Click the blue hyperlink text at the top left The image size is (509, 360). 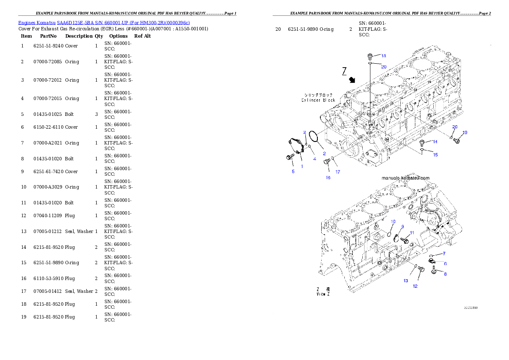(x=104, y=22)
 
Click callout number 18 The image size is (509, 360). (x=383, y=56)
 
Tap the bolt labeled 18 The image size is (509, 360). (x=370, y=56)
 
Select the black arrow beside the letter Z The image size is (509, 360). (x=352, y=80)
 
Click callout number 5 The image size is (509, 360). (x=293, y=171)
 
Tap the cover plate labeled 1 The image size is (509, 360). (x=295, y=147)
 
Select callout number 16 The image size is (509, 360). (x=328, y=177)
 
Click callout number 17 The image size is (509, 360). (x=338, y=172)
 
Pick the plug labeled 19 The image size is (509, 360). (x=456, y=140)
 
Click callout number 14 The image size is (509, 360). (x=435, y=142)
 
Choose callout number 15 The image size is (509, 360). (x=435, y=154)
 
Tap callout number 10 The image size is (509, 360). (x=393, y=221)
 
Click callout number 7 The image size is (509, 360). (x=444, y=254)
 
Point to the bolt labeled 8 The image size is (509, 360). (x=435, y=270)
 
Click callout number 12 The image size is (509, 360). (x=415, y=286)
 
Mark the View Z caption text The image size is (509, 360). (x=323, y=294)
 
